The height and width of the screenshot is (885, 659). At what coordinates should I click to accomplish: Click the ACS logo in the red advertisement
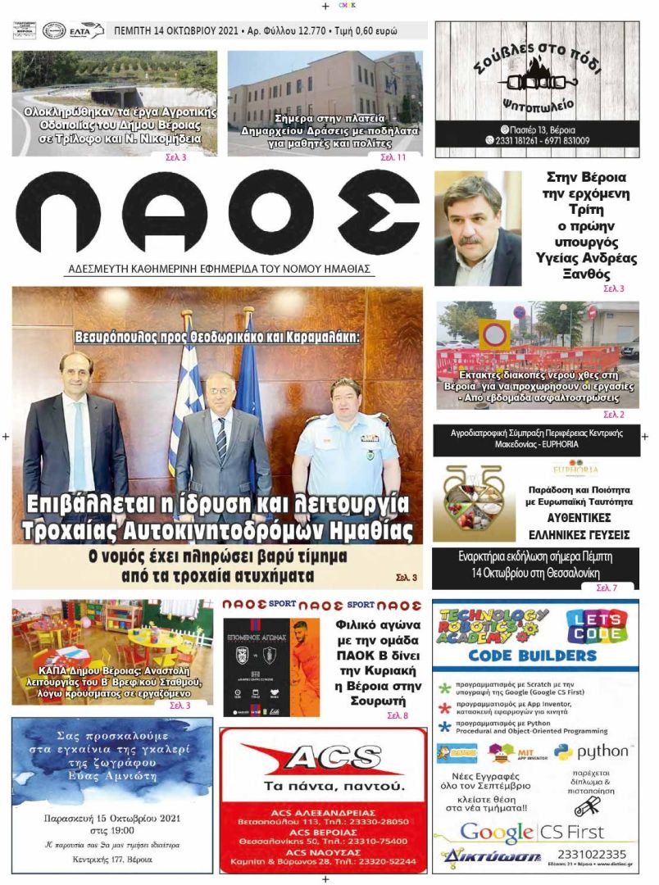(322, 759)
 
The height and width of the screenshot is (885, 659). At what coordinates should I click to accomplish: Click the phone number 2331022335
(597, 855)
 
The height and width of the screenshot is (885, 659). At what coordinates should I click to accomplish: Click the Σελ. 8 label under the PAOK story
(398, 716)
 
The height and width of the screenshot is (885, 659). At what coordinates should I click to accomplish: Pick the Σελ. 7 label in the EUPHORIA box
(607, 588)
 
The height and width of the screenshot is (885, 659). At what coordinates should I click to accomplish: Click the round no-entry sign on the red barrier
(494, 336)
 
